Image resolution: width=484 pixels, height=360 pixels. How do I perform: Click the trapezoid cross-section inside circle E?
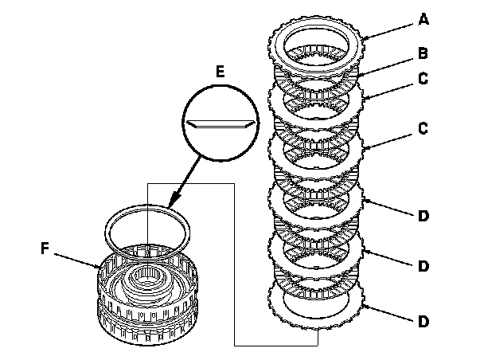[x=221, y=124]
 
